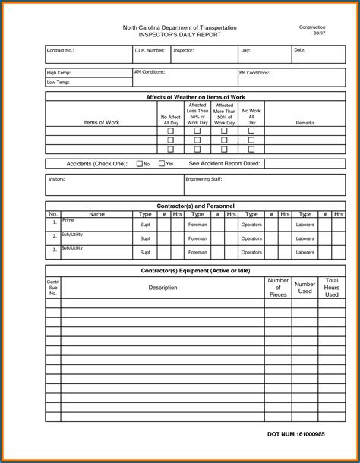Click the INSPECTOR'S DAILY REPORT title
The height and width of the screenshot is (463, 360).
(x=179, y=35)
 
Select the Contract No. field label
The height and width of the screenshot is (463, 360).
(x=61, y=51)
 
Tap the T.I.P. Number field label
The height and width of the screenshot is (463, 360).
(x=150, y=51)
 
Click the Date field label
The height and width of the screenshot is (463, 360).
(x=299, y=50)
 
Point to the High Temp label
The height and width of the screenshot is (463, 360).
(x=59, y=72)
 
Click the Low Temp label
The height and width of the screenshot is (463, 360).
(x=58, y=82)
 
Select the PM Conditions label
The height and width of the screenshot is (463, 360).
(x=254, y=73)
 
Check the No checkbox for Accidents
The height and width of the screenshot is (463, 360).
(x=140, y=163)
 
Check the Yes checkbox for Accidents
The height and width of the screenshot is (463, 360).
(x=162, y=163)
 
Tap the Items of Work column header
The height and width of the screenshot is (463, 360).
(x=101, y=122)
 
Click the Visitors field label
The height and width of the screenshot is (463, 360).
(x=56, y=179)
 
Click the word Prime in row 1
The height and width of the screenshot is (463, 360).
(x=68, y=220)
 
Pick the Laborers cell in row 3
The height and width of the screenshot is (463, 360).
(x=305, y=251)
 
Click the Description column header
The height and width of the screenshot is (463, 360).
(x=163, y=288)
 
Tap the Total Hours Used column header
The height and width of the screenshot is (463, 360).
(x=331, y=288)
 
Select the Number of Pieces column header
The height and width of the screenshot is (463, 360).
(x=277, y=288)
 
